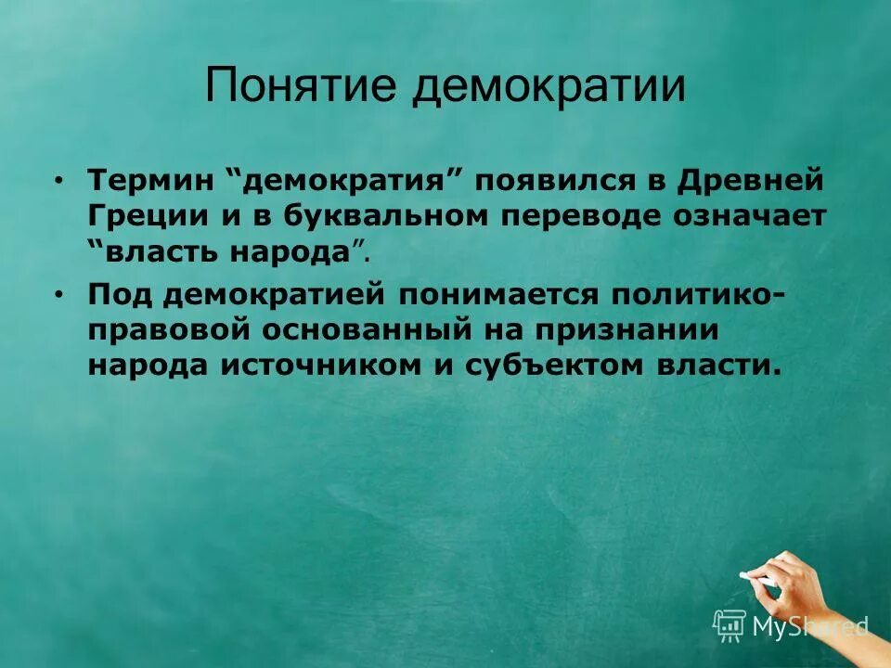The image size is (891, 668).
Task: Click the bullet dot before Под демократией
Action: pos(60,295)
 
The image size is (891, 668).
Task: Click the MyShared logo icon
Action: pos(730,624)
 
